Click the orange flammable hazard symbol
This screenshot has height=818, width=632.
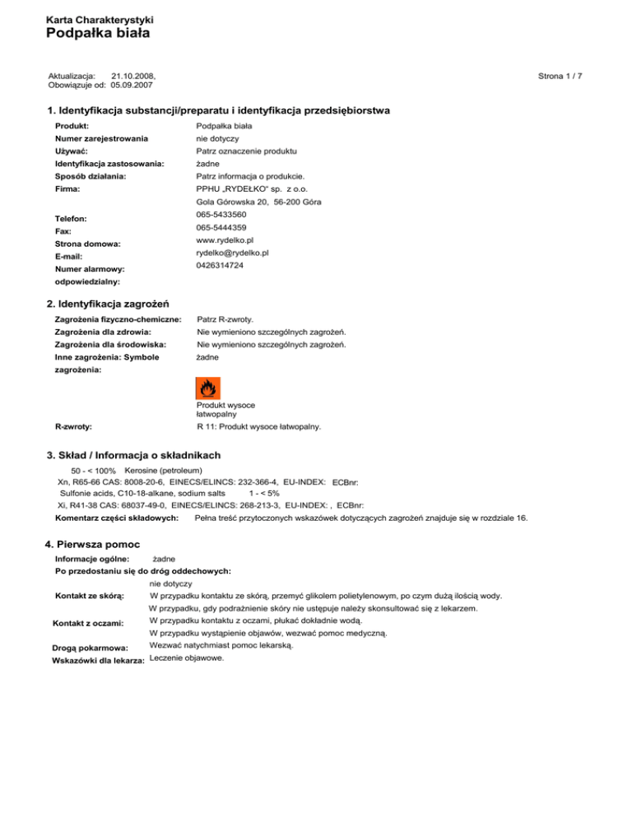(207, 388)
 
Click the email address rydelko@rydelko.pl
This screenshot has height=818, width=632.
(234, 253)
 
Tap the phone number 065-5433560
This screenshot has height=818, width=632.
(221, 215)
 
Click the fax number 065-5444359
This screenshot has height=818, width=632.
(221, 227)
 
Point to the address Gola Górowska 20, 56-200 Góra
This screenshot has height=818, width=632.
(258, 202)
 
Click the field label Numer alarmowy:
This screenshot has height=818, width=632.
(90, 268)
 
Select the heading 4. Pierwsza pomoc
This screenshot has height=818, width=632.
(91, 545)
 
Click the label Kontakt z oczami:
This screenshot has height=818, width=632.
(87, 624)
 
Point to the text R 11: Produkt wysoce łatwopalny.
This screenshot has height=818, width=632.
(258, 427)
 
